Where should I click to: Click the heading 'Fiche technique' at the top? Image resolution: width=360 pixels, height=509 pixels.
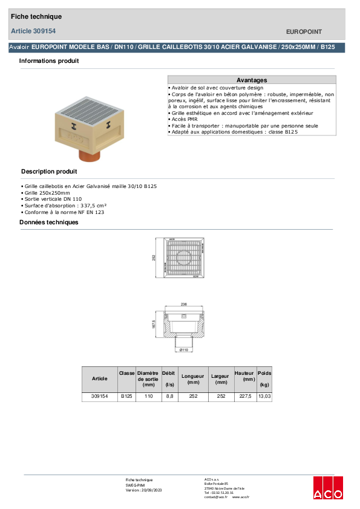click(36, 16)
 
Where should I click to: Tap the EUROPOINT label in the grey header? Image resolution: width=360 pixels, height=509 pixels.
click(303, 31)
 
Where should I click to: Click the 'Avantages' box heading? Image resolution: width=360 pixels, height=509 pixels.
click(251, 80)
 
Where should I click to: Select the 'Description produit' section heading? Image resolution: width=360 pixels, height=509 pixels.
click(49, 172)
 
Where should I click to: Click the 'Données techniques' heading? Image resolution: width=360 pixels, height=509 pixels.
click(49, 222)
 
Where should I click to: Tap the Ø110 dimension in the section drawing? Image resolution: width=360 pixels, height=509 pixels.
click(183, 349)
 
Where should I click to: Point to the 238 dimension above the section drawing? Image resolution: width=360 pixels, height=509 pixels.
click(183, 304)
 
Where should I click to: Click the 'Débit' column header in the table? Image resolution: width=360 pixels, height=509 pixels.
click(168, 374)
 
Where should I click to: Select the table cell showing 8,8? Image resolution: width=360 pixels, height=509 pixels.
click(169, 397)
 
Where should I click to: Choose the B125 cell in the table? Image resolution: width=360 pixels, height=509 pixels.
click(126, 397)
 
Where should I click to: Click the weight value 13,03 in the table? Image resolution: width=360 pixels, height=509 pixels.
click(264, 397)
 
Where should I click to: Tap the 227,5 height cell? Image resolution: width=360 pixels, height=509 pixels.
click(244, 397)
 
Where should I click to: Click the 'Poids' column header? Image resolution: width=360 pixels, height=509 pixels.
click(264, 374)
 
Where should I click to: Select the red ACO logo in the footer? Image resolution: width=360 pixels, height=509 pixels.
click(327, 488)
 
